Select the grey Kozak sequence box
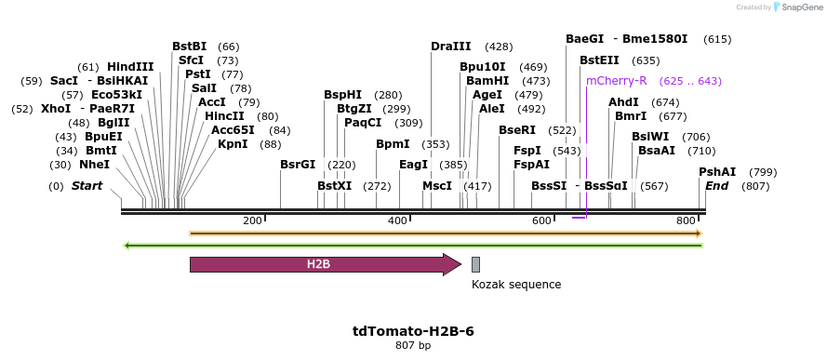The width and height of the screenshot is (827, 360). [475, 264]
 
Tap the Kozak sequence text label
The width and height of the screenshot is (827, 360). [516, 285]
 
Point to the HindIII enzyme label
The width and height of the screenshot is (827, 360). [130, 67]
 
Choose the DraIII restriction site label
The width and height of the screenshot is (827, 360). [451, 47]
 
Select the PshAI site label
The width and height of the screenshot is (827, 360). [717, 172]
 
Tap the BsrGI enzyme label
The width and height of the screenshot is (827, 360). [298, 165]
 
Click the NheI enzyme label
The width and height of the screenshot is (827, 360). [94, 165]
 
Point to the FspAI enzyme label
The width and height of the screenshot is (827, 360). [532, 165]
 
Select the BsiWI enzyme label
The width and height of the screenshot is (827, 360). [650, 137]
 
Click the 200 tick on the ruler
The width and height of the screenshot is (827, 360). [252, 220]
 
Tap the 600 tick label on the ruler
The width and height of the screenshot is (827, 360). [542, 220]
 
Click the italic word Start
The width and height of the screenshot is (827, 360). [87, 186]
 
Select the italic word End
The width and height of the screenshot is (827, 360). [716, 186]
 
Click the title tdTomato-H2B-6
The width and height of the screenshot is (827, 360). [413, 331]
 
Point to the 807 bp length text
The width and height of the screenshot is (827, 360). [413, 346]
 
